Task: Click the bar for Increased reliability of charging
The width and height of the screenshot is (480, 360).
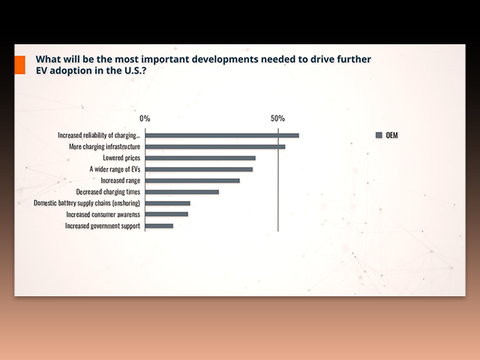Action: (x=222, y=136)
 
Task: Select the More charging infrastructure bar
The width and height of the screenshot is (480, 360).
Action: (x=215, y=147)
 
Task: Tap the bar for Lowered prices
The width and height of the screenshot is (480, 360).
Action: (x=200, y=158)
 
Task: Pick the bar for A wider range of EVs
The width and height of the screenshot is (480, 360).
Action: (x=199, y=169)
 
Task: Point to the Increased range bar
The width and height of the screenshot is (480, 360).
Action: (x=193, y=181)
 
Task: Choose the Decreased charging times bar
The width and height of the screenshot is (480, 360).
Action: (x=182, y=192)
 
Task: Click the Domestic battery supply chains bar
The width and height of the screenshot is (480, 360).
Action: (x=168, y=203)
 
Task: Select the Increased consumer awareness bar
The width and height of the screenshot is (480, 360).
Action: (x=166, y=214)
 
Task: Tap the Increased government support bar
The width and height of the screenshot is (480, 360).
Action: (x=159, y=226)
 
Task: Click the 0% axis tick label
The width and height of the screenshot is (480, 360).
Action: (x=145, y=118)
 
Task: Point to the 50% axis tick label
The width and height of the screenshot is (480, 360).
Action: (x=277, y=118)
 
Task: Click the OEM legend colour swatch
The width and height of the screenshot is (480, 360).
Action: (x=379, y=135)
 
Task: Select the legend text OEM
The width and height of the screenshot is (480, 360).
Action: (x=391, y=135)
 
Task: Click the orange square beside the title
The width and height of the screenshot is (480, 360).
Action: (x=20, y=64)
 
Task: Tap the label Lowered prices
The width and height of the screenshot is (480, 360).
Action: (x=121, y=158)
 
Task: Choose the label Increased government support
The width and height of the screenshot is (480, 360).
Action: (x=103, y=226)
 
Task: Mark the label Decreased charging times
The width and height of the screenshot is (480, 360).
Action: (x=108, y=192)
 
